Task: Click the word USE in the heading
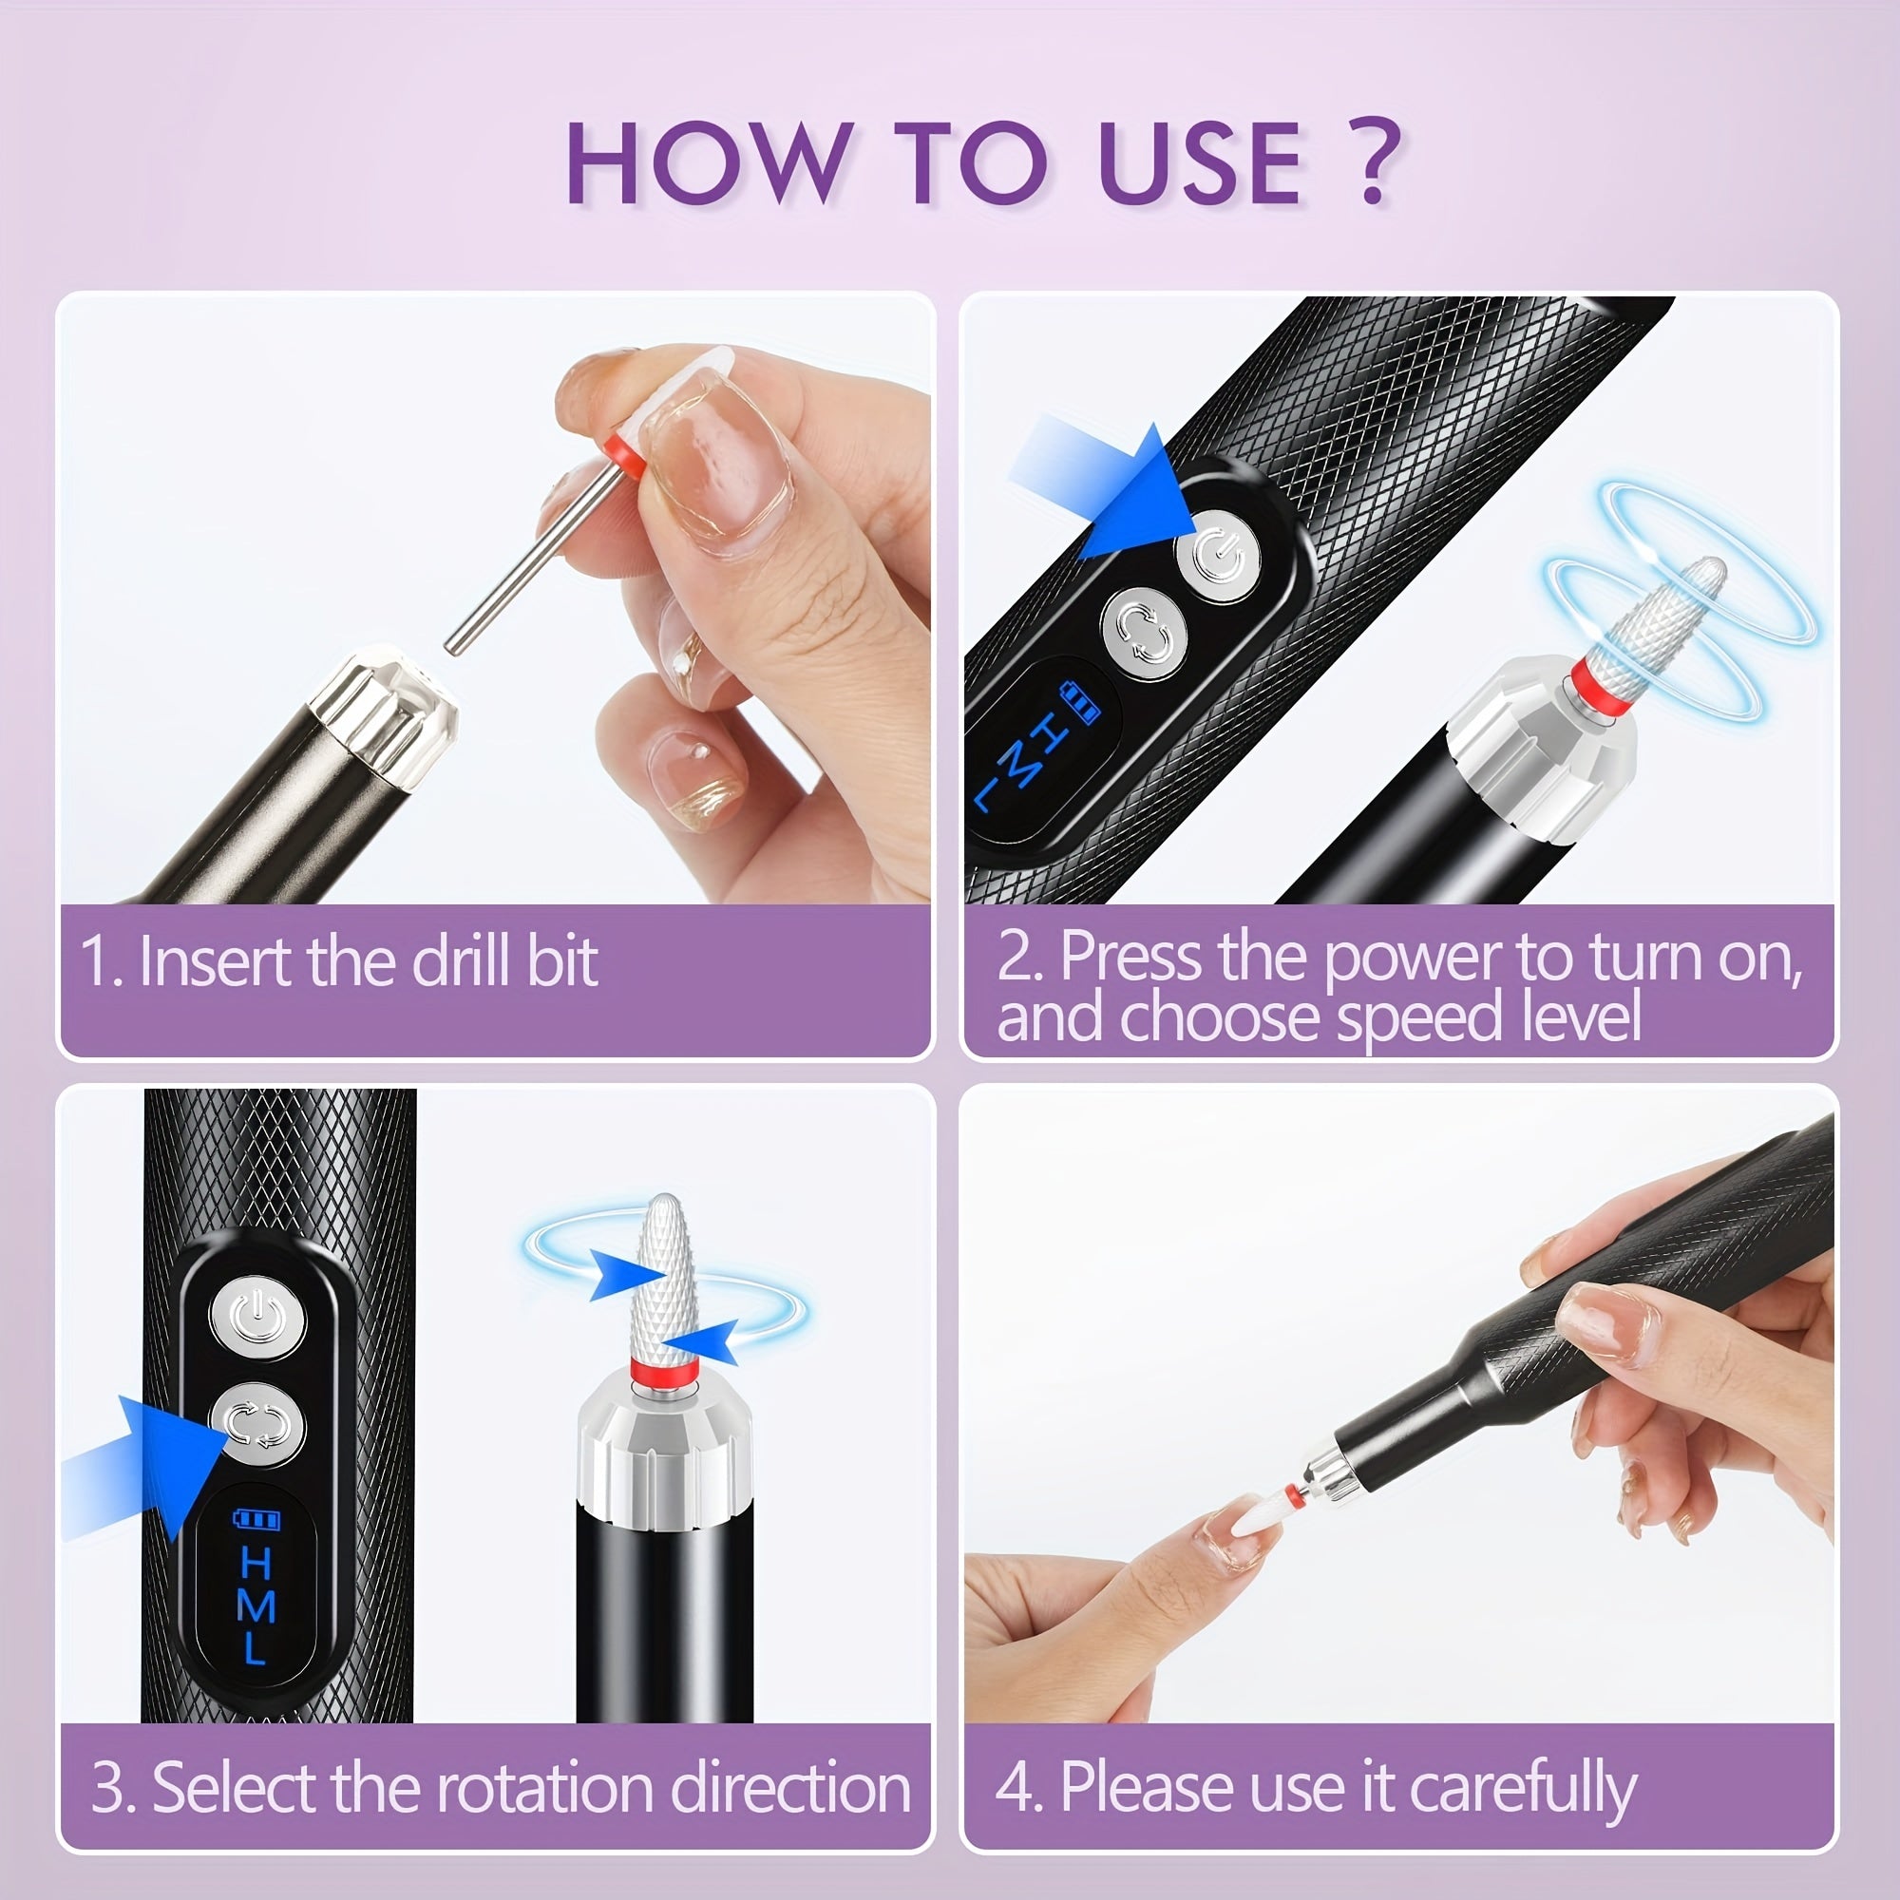[x=1201, y=163]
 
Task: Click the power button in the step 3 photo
[x=257, y=1316]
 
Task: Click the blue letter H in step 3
[x=256, y=1563]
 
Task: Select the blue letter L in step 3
[x=254, y=1647]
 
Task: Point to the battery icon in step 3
[x=256, y=1519]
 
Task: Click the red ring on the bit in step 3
[x=665, y=1372]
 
